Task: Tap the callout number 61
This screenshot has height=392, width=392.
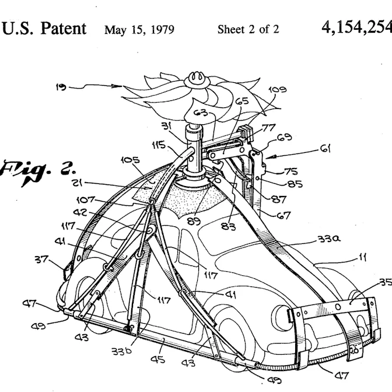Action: [x=324, y=149]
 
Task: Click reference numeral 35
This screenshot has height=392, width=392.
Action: [x=384, y=283]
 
